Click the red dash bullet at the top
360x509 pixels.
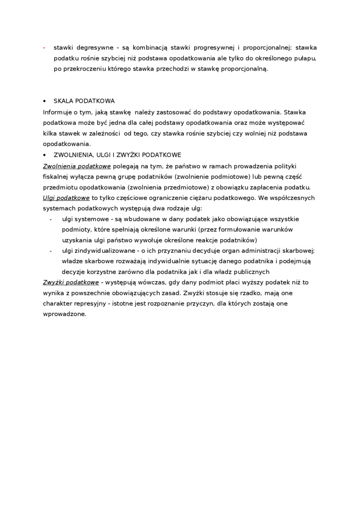pos(44,48)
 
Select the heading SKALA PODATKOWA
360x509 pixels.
pos(84,101)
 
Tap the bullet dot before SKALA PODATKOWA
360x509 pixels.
pos(45,101)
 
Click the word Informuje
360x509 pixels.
pos(57,112)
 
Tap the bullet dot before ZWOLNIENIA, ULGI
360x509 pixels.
pos(45,155)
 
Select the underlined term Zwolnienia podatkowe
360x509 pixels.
pos(77,166)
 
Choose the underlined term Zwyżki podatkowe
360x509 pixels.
pos(71,282)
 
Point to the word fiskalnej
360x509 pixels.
pos(55,176)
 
